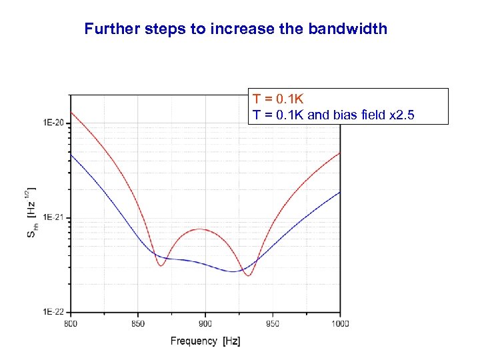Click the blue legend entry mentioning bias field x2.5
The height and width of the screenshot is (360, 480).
pyautogui.click(x=333, y=115)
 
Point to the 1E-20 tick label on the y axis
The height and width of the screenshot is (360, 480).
pyautogui.click(x=53, y=123)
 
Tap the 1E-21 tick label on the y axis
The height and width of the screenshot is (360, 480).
pyautogui.click(x=53, y=217)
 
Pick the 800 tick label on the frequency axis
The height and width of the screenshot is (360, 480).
pyautogui.click(x=71, y=323)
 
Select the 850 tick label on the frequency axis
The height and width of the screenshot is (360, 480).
pyautogui.click(x=138, y=323)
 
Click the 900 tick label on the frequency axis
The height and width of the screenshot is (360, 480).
pyautogui.click(x=205, y=323)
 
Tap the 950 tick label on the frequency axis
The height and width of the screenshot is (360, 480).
pyautogui.click(x=273, y=323)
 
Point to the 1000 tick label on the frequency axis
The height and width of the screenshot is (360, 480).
pyautogui.click(x=340, y=323)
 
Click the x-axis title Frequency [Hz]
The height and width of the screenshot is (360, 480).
pyautogui.click(x=205, y=341)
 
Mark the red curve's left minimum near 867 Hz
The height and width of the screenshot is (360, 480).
pyautogui.click(x=161, y=266)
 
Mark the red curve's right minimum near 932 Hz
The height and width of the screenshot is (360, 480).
pyautogui.click(x=248, y=275)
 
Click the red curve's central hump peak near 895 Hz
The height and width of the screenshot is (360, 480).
pyautogui.click(x=199, y=229)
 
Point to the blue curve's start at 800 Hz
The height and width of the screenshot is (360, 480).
pyautogui.click(x=71, y=155)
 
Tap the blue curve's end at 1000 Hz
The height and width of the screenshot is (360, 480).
pyautogui.click(x=340, y=192)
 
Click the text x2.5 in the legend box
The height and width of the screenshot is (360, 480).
pyautogui.click(x=400, y=115)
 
